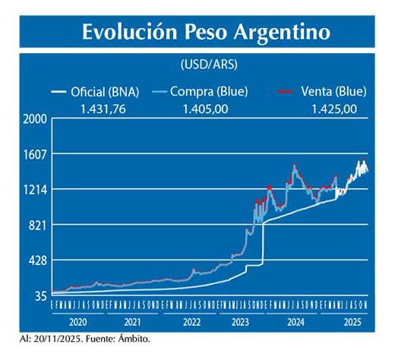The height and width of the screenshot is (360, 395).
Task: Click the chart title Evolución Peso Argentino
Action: pyautogui.click(x=205, y=32)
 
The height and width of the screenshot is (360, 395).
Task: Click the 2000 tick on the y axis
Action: pyautogui.click(x=35, y=119)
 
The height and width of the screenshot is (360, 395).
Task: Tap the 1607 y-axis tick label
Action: pyautogui.click(x=35, y=154)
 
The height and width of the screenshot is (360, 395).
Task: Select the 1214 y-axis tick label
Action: pyautogui.click(x=35, y=190)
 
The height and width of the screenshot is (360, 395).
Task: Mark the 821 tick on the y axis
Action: pyautogui.click(x=38, y=225)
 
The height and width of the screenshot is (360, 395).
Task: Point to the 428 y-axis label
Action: pyautogui.click(x=38, y=261)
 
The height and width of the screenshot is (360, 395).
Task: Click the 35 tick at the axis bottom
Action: pyautogui.click(x=40, y=295)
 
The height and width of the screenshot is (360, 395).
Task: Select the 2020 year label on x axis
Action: pyautogui.click(x=77, y=322)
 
